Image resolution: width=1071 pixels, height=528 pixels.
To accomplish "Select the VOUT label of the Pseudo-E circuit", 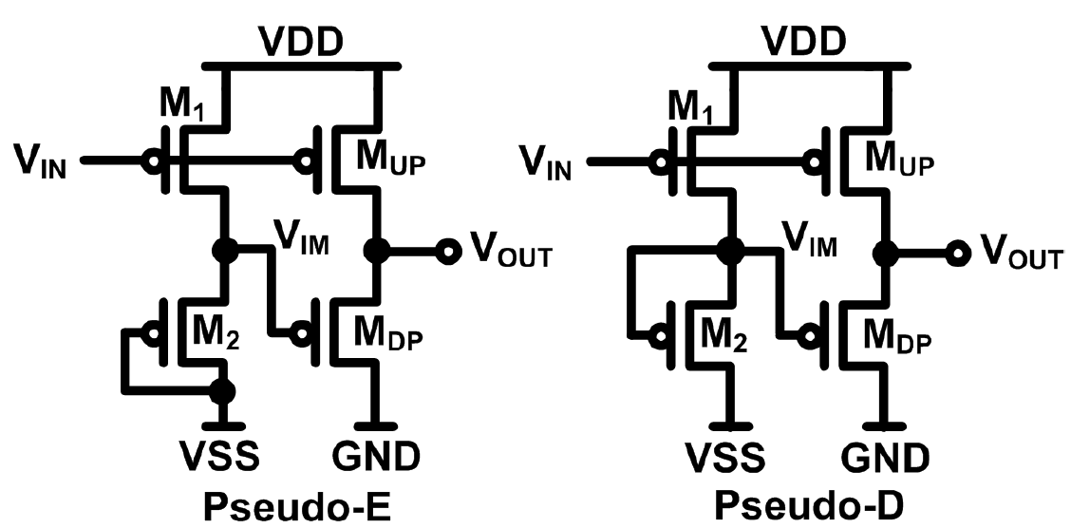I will pyautogui.click(x=510, y=252).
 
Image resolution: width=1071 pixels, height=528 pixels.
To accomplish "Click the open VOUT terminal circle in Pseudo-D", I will pyautogui.click(x=952, y=253).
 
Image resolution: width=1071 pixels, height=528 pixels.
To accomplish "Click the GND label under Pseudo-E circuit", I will pyautogui.click(x=375, y=459).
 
